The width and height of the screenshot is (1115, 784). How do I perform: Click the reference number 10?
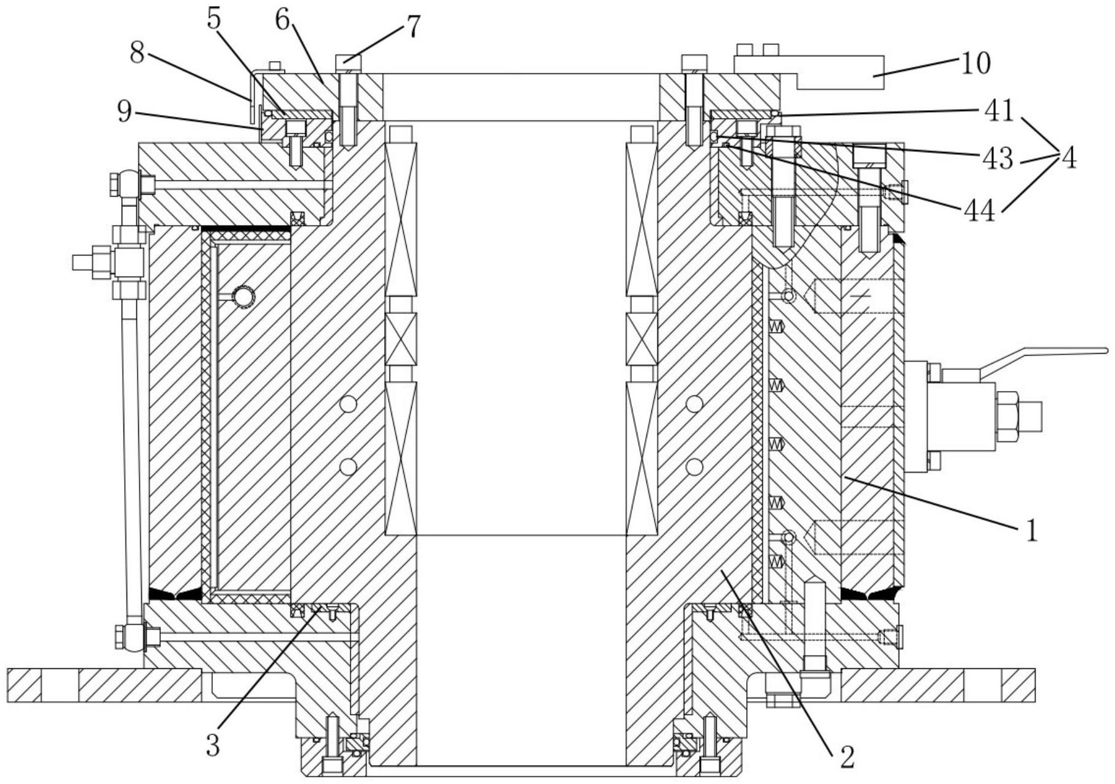(x=976, y=63)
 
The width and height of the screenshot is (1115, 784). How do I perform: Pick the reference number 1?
(x=1031, y=531)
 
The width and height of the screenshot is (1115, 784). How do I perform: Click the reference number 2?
(x=847, y=757)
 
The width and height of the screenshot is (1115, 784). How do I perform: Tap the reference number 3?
(x=212, y=745)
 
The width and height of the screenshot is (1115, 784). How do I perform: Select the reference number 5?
(x=213, y=18)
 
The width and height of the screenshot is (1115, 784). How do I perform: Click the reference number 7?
(x=413, y=27)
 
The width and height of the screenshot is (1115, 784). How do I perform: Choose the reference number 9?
(x=124, y=111)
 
